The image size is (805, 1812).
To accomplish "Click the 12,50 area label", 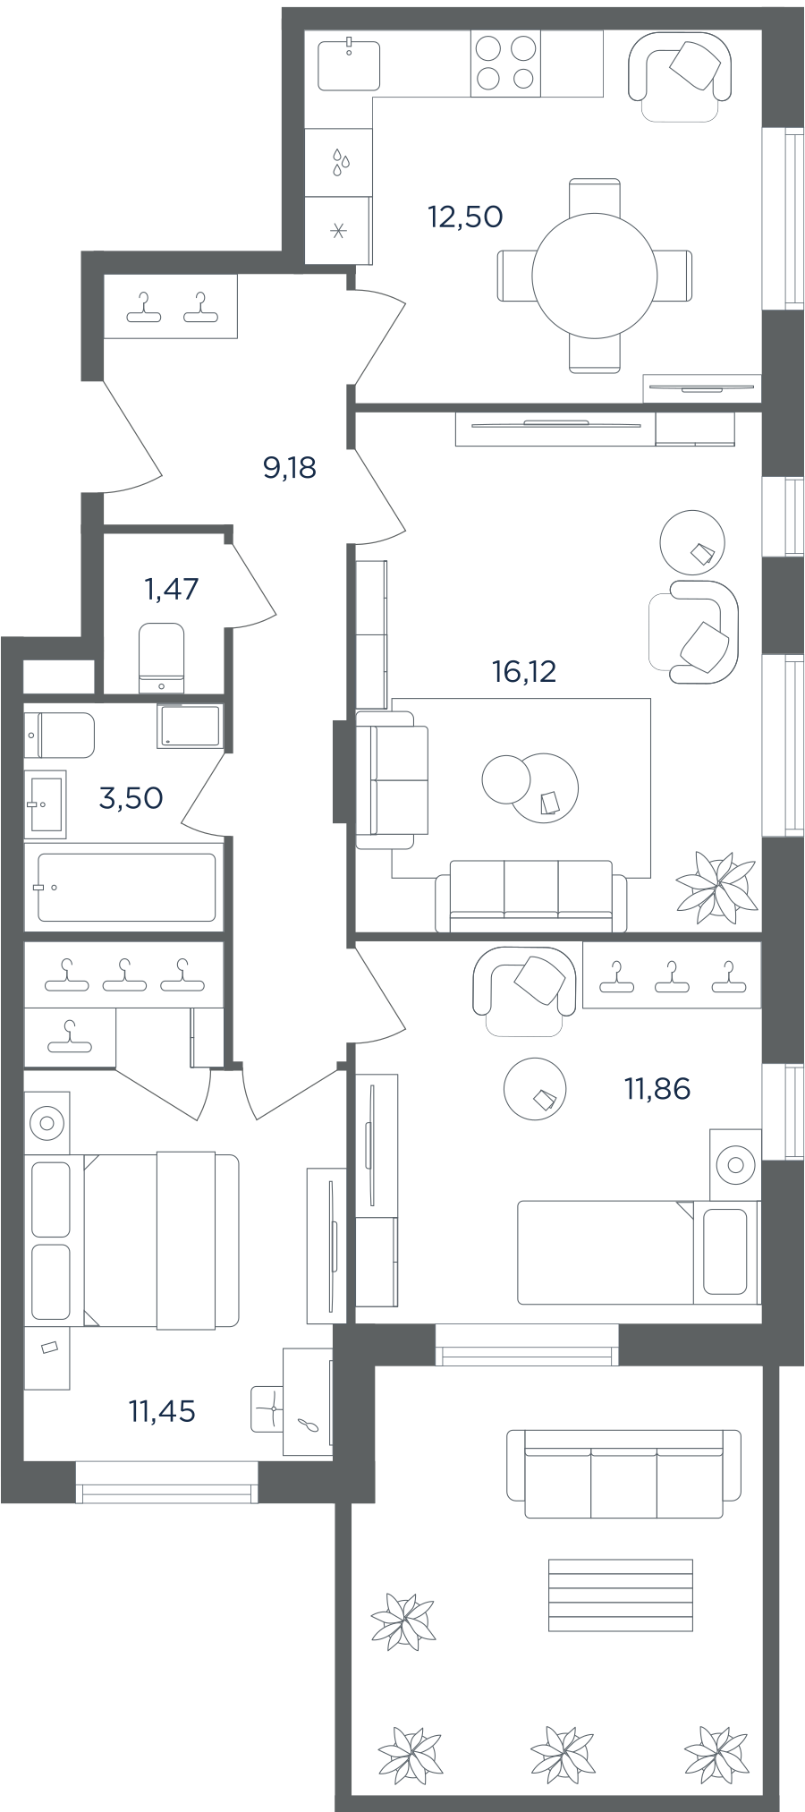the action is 465,217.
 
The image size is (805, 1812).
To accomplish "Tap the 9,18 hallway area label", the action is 290,467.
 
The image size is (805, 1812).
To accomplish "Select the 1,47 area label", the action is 171,589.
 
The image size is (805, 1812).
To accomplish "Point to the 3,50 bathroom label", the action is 131,797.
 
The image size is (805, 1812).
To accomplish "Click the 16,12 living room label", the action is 524,670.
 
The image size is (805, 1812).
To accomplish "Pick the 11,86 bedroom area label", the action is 657,1089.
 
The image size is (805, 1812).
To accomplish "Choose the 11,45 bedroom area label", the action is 162,1411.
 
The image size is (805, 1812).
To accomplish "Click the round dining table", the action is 595,276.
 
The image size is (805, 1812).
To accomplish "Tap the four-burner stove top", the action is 505,63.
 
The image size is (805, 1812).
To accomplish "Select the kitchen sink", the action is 349,64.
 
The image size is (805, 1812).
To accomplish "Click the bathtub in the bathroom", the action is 126,887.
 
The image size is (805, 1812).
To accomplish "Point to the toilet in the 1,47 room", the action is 162,658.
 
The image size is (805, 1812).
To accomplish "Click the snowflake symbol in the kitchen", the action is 338,232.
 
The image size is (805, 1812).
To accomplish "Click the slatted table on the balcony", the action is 621,1595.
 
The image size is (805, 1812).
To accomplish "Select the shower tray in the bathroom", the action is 190,726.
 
